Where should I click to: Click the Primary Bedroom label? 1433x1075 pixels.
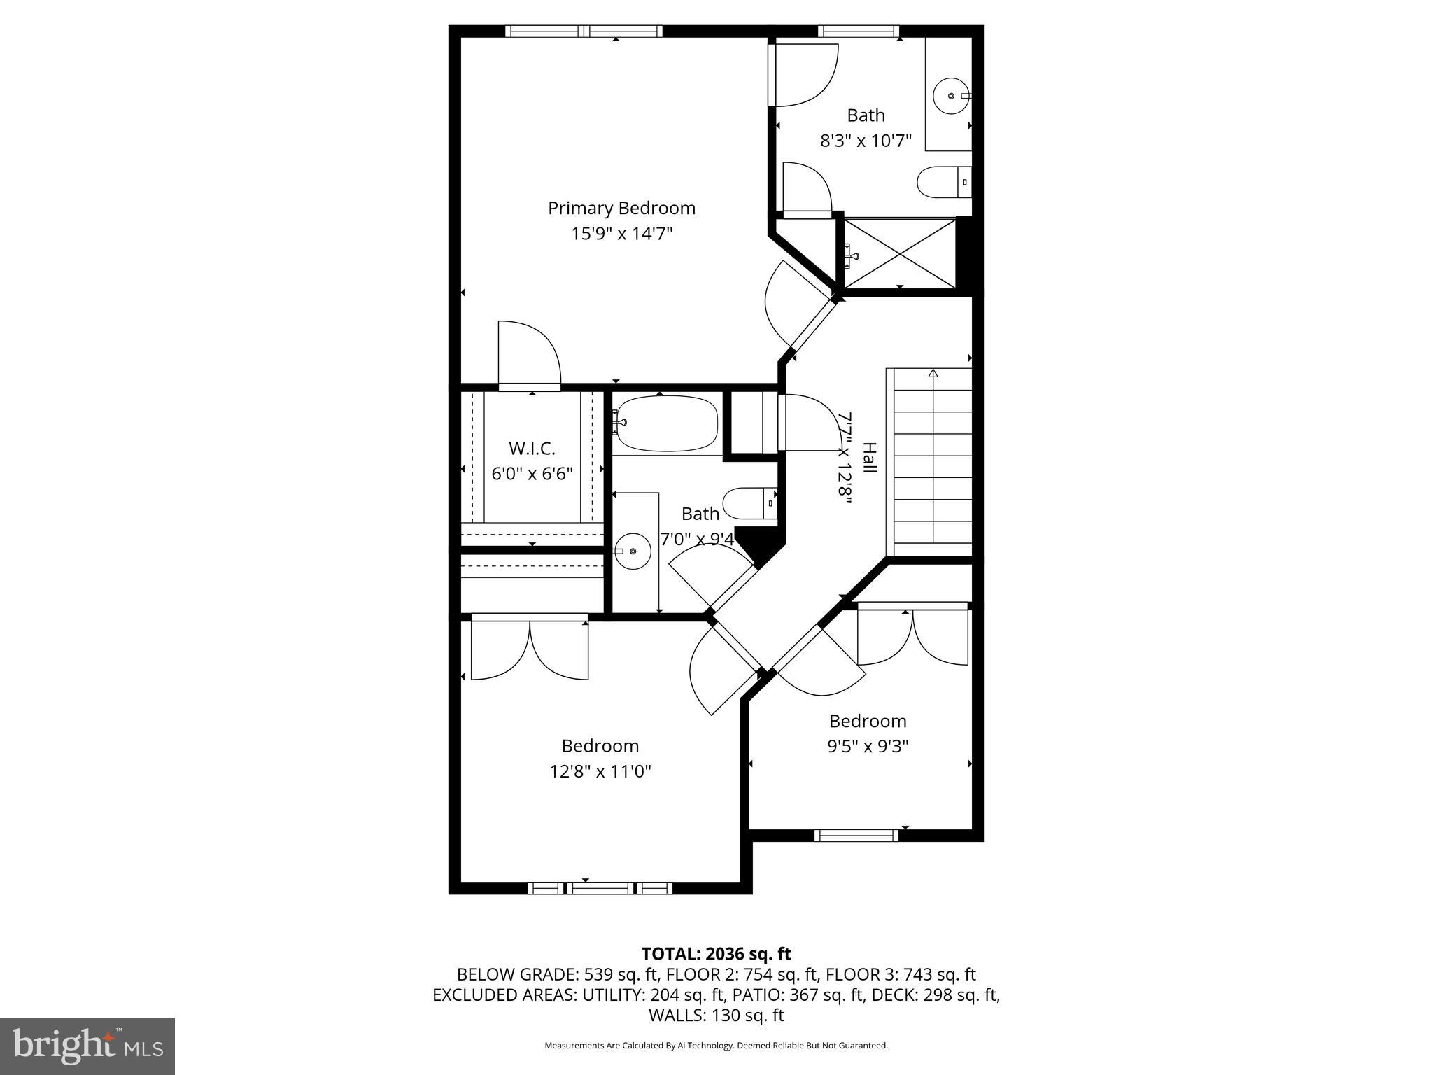[621, 208]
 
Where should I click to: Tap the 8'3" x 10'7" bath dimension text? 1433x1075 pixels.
[866, 141]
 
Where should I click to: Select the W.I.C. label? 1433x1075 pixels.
[532, 448]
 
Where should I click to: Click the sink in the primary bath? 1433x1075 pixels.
[951, 95]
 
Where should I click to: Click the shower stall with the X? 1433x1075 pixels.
[900, 253]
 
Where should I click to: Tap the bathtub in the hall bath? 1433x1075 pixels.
[666, 423]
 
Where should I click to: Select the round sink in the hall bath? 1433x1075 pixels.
[632, 551]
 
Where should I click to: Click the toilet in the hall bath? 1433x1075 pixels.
[749, 503]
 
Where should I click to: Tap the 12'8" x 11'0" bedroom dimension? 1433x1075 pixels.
[600, 771]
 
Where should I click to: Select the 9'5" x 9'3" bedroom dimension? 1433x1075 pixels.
[868, 746]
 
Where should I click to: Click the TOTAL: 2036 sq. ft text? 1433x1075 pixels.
[716, 953]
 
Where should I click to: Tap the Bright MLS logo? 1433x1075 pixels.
[87, 1046]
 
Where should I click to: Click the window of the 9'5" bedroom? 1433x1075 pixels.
[856, 835]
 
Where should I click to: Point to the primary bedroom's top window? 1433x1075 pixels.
[583, 31]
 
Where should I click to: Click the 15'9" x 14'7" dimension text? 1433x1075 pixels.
[621, 234]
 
